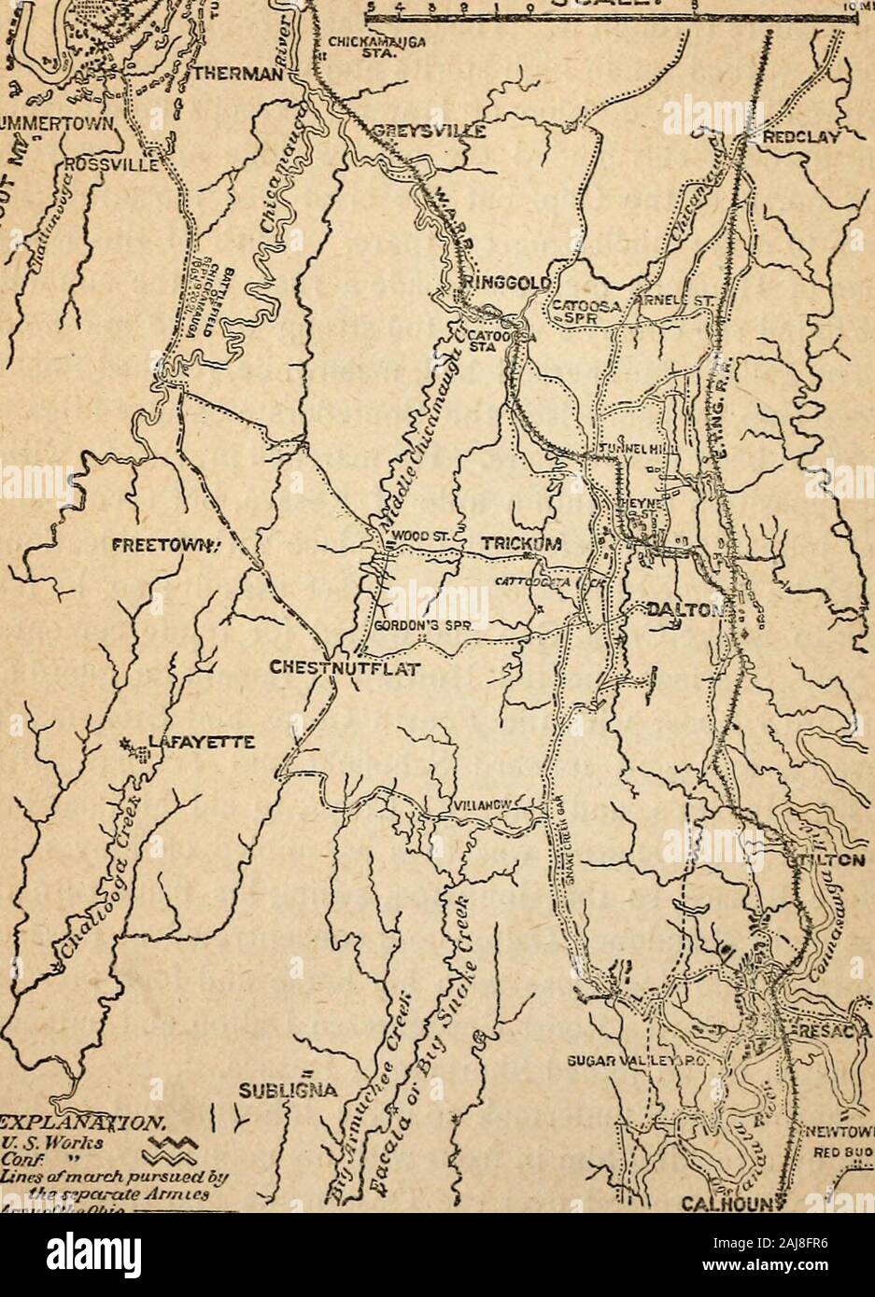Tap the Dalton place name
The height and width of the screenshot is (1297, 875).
[685, 611]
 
